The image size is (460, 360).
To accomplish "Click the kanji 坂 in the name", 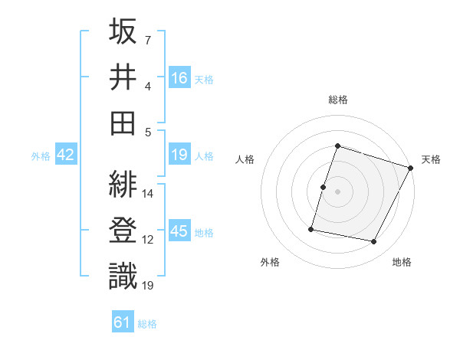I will click(x=124, y=32).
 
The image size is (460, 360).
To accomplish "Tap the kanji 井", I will click(x=124, y=77).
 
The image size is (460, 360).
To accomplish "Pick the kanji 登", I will click(x=124, y=231).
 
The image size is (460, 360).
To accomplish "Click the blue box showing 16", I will click(x=179, y=77).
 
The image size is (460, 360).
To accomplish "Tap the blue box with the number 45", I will click(x=179, y=231).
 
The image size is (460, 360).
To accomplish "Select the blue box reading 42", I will click(x=66, y=155).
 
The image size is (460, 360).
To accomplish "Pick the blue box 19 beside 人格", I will click(x=179, y=155).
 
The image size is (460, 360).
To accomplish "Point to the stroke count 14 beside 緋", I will click(x=148, y=194).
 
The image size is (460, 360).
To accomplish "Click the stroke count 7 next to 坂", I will click(x=147, y=39).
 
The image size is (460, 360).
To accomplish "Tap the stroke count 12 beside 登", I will click(x=148, y=240).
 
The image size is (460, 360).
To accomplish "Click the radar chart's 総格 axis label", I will click(x=338, y=100).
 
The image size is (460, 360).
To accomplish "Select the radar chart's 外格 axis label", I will click(x=270, y=262).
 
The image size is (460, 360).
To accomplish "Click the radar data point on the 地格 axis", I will click(x=374, y=242).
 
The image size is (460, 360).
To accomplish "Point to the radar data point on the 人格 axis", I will click(x=323, y=187).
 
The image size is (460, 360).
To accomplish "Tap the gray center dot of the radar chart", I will click(x=338, y=191).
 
